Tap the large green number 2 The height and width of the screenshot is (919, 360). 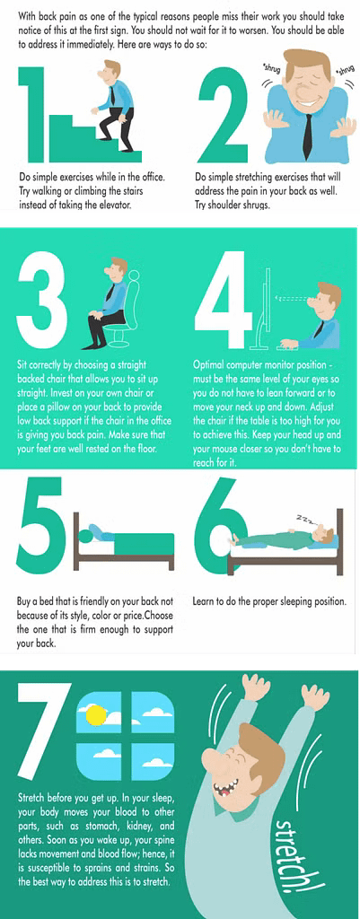[x=224, y=114]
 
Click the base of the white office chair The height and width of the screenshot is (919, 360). [x=118, y=339]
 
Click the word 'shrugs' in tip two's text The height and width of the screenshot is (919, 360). [x=253, y=206]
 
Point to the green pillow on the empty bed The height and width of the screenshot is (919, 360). [x=87, y=535]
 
